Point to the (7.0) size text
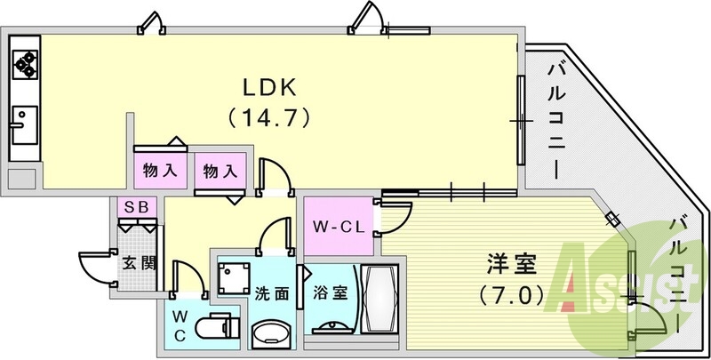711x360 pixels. tap(508, 294)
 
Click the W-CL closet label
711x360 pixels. tap(335, 225)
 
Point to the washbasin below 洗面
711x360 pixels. tap(269, 335)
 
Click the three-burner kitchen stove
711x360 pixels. tap(24, 62)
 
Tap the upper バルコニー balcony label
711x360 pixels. tap(556, 116)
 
